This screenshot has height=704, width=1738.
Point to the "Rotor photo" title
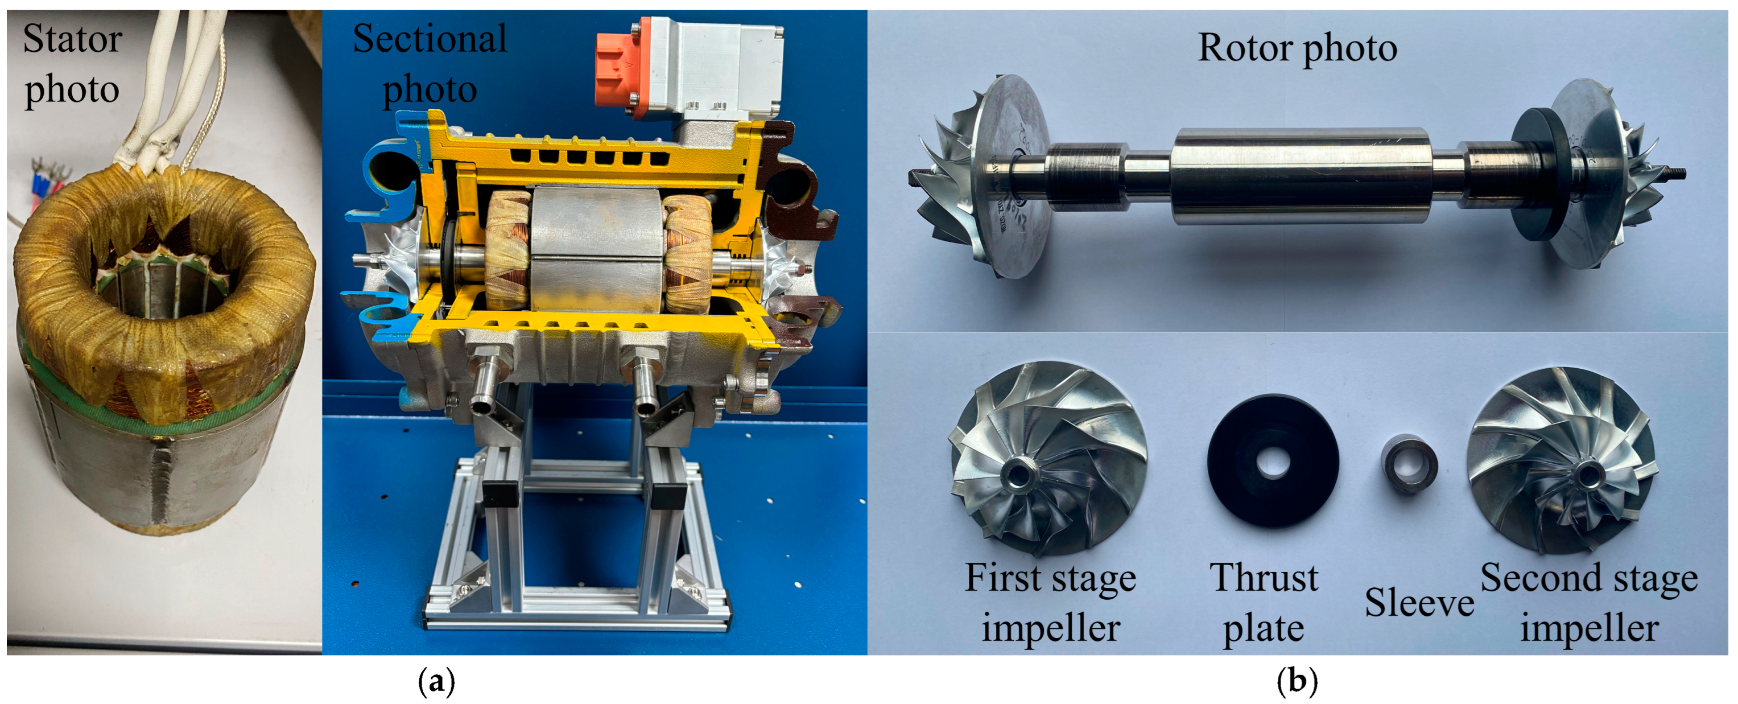pyautogui.click(x=1297, y=47)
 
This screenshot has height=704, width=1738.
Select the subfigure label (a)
pyautogui.click(x=436, y=683)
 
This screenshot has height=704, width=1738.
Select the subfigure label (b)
pyautogui.click(x=1297, y=683)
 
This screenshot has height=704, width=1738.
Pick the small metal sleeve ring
pyautogui.click(x=1409, y=466)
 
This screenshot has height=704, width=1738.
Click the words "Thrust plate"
pyautogui.click(x=1263, y=603)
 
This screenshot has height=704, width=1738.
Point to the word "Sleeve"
pyautogui.click(x=1419, y=603)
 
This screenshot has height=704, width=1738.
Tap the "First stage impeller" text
pyautogui.click(x=1050, y=603)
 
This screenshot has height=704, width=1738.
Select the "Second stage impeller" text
pyautogui.click(x=1589, y=603)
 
